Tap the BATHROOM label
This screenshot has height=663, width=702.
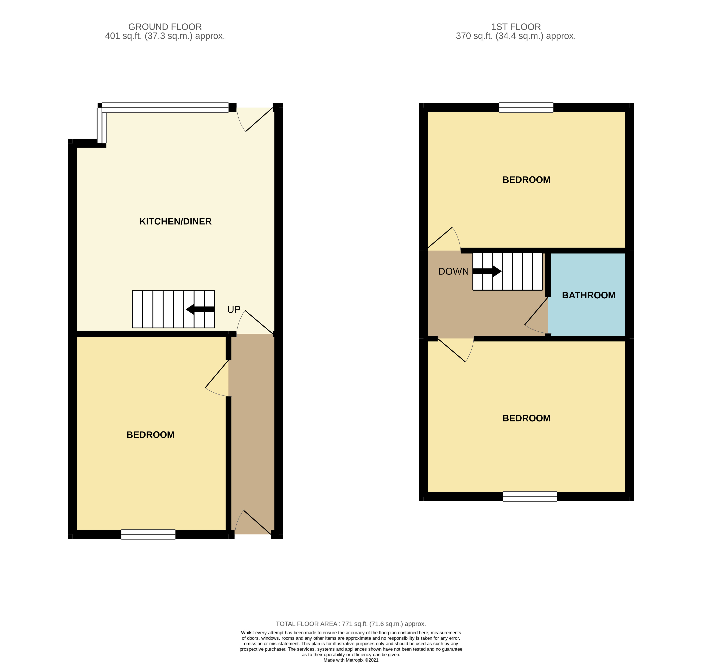point(588,295)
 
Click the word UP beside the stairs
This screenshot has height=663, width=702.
point(234,310)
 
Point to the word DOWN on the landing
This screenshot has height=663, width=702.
point(453,271)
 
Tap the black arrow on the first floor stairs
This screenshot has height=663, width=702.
point(487,271)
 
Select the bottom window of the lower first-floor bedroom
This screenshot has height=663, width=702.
point(530,497)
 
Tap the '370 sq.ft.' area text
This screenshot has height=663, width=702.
point(474,36)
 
